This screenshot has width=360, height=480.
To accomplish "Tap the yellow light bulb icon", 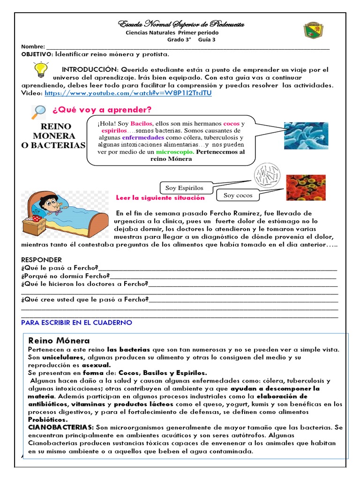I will tap(41, 70).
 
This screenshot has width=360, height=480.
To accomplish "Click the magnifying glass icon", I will tap(38, 111).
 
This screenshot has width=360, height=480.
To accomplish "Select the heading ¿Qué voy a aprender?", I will tap(102, 110).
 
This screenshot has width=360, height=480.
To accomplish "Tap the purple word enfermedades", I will tap(143, 138).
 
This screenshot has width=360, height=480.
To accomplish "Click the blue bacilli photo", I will tap(306, 135).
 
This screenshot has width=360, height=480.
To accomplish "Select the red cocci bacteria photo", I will tap(306, 187).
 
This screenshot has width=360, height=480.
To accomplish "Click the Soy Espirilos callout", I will tap(184, 188).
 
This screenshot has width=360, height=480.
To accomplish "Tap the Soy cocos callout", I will tap(238, 195).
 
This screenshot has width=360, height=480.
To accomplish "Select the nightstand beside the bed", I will tap(34, 225).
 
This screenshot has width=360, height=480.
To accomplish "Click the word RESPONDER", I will tap(41, 260).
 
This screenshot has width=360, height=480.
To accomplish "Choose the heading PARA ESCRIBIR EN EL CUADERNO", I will tap(77, 322).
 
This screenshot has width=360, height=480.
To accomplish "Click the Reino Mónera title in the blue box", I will tap(59, 340).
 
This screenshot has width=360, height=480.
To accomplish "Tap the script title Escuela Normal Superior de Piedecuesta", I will tap(181, 24).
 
